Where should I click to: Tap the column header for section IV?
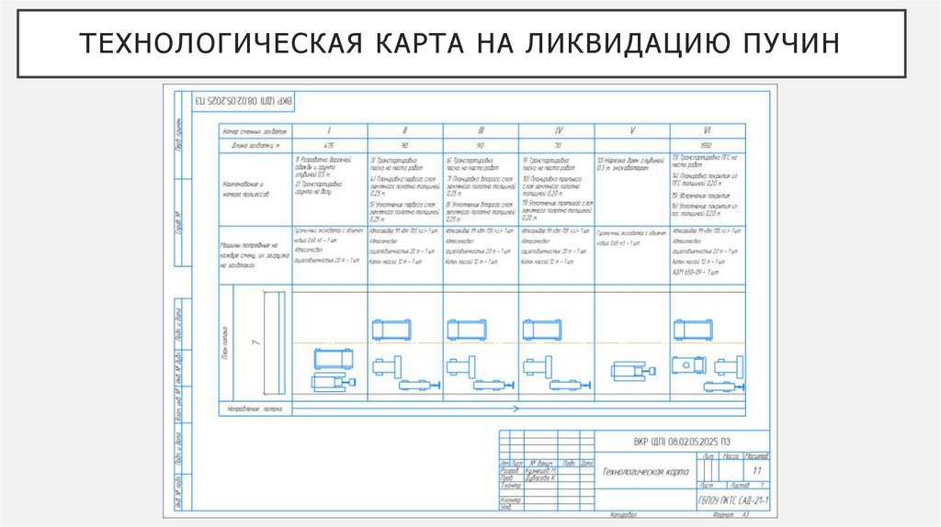click(x=557, y=130)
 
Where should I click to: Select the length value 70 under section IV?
click(x=557, y=146)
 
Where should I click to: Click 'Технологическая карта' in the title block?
click(x=644, y=470)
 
